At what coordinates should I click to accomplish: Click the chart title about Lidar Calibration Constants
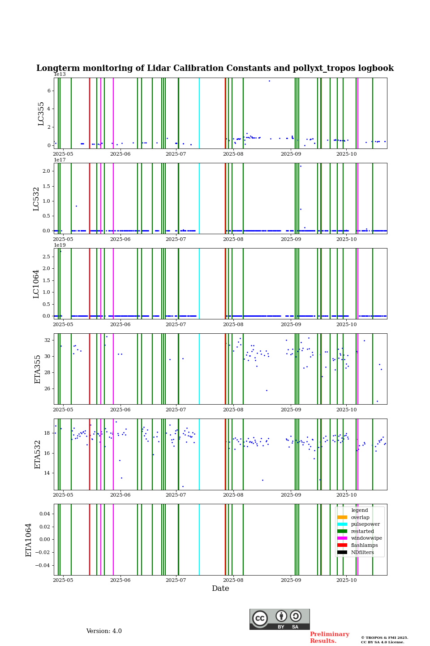coord(215,68)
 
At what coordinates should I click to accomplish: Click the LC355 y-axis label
coord(41,113)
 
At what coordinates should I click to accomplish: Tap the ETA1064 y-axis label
coord(29,540)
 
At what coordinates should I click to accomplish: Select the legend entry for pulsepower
coord(365,524)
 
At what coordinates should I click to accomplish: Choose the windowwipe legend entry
coord(366,538)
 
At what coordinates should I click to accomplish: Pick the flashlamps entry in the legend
coord(364,546)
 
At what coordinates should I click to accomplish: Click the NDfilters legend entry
coord(362,553)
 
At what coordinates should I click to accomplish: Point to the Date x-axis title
coord(220,589)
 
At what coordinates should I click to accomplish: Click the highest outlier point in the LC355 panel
coord(269,81)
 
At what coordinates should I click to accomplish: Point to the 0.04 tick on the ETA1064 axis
coord(44,514)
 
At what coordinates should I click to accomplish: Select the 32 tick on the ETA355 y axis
coord(47,340)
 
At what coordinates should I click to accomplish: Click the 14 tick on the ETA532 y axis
coord(47,473)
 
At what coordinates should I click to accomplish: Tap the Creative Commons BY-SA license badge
coord(279,619)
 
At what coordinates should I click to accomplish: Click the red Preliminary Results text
coord(329,637)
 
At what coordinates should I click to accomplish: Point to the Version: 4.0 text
coord(104,631)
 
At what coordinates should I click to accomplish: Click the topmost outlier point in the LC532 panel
coord(301,166)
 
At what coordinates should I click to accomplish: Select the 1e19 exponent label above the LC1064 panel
coord(60,245)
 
